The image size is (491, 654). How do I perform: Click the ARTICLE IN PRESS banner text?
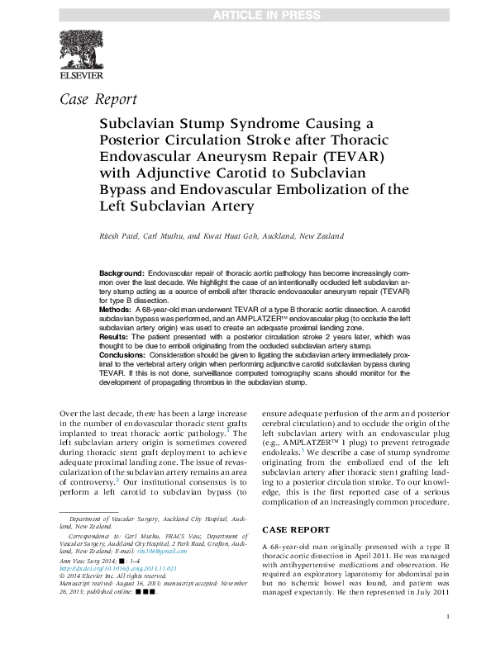point(245,15)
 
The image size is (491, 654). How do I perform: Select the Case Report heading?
point(99,101)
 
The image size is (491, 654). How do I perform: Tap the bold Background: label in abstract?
point(122,272)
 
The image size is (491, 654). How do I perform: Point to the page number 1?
point(447,639)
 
